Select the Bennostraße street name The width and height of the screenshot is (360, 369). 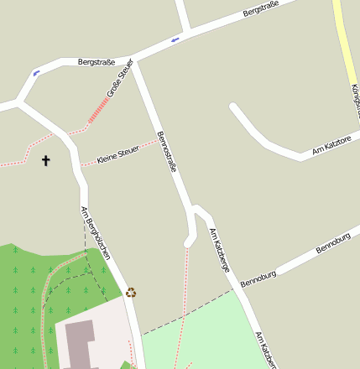[x=167, y=151]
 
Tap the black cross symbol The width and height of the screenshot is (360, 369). [x=45, y=160]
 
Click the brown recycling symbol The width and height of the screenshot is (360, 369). [x=131, y=293]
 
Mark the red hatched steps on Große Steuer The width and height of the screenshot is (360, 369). [x=99, y=110]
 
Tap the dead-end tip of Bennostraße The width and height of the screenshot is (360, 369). [x=189, y=242]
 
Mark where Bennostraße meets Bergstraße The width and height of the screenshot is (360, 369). [x=135, y=60]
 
